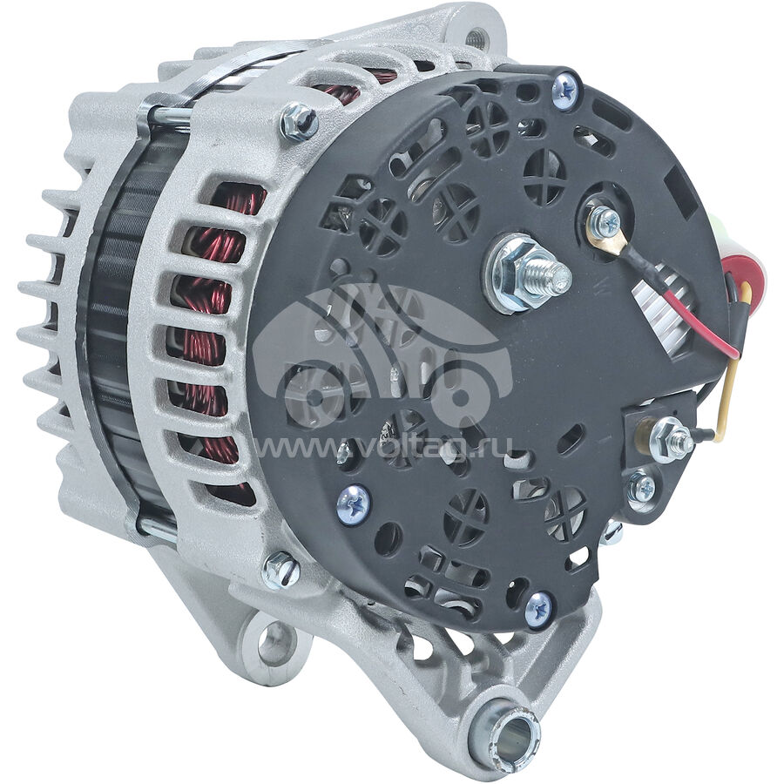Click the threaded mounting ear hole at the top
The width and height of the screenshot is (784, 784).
point(473,37)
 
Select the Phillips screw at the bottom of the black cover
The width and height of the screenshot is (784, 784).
point(539,608)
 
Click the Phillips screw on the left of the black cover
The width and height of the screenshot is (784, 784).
point(354,504)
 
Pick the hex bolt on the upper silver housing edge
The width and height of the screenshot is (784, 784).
point(299,121)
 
